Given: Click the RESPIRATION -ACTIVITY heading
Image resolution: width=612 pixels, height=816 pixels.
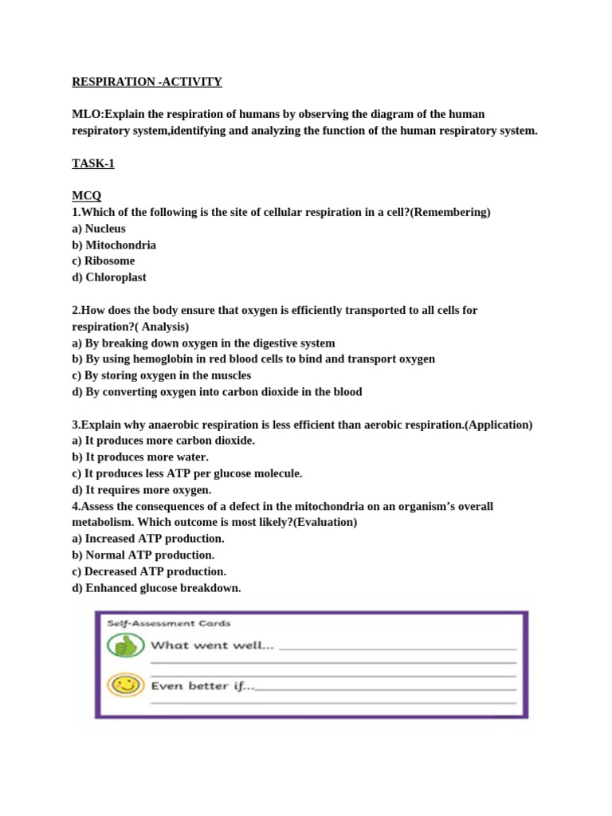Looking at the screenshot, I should click(x=147, y=81).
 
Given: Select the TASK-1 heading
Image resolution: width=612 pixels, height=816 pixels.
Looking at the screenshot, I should click(x=93, y=163).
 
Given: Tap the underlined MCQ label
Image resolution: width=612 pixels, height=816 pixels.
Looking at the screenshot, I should click(x=87, y=196).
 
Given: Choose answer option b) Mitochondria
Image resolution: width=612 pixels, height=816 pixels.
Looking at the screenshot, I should click(x=114, y=245).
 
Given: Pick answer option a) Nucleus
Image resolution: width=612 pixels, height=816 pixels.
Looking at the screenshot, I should click(x=99, y=229).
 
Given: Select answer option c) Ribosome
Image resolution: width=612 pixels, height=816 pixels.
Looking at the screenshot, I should click(x=104, y=261).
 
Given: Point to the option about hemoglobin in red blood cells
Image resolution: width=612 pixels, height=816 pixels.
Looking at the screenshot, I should click(x=253, y=359).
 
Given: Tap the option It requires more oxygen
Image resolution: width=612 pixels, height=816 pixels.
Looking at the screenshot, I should click(x=142, y=489).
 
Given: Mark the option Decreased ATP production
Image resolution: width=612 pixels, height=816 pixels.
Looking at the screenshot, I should click(x=149, y=571).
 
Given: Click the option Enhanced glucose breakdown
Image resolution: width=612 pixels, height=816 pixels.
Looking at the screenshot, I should click(x=156, y=588).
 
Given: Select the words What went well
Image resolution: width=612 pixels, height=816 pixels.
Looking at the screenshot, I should click(x=213, y=645).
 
